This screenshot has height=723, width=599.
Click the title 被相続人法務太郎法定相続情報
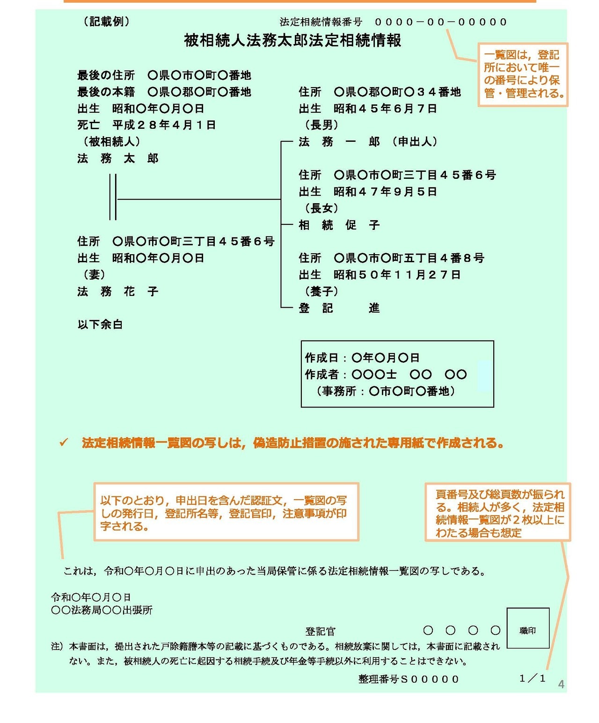click(x=292, y=41)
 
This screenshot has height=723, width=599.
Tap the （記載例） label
click(x=106, y=22)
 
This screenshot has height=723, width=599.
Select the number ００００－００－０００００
click(x=440, y=22)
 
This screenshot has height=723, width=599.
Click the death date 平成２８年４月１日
click(x=164, y=125)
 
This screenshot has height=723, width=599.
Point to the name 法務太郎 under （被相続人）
click(x=118, y=159)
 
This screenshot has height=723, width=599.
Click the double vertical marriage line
click(x=113, y=197)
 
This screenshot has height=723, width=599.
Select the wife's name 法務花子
click(x=118, y=292)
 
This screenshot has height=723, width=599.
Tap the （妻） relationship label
click(x=94, y=275)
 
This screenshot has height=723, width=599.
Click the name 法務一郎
click(x=339, y=142)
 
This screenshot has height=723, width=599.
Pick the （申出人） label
click(x=415, y=142)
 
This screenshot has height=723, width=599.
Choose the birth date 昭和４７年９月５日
click(x=385, y=192)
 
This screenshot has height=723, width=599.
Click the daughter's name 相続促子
click(x=339, y=225)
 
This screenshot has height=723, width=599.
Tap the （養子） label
click(x=321, y=292)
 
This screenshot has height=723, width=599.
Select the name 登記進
click(x=339, y=308)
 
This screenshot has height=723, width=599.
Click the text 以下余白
click(x=100, y=325)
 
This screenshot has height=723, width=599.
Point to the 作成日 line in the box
click(x=362, y=358)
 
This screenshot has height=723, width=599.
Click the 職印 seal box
click(x=527, y=628)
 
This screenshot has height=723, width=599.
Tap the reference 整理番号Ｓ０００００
click(x=409, y=679)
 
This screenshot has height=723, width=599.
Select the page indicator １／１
click(x=533, y=679)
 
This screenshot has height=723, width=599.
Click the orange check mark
click(x=64, y=443)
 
